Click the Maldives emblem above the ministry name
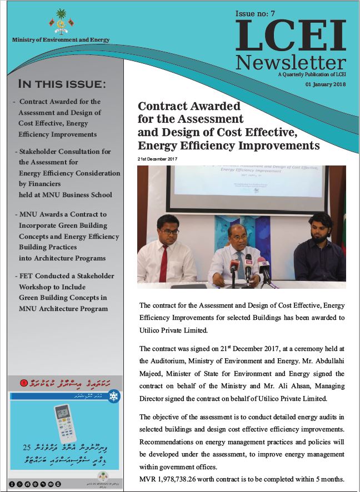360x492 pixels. [x=61, y=22]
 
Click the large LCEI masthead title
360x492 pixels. [x=291, y=36]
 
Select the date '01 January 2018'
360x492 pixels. [x=325, y=84]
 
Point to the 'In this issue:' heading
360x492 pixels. [x=62, y=84]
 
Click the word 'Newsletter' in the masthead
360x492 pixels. [x=290, y=61]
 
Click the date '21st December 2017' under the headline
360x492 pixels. [x=160, y=159]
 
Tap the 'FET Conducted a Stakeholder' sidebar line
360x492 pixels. [x=66, y=276]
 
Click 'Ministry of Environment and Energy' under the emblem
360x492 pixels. [x=61, y=40]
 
